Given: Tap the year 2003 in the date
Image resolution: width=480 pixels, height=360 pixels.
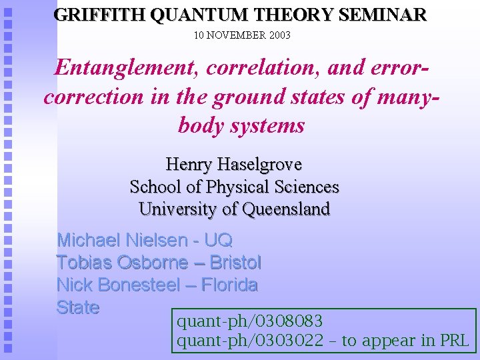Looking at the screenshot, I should tap(279, 35).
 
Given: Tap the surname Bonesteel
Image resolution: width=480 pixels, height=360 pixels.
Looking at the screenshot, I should tap(138, 285).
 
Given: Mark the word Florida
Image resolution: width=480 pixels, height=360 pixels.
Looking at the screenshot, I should tap(229, 285).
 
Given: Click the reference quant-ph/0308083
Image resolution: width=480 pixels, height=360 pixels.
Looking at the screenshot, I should tap(249, 322).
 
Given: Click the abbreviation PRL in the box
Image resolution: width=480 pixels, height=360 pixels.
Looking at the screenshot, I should tap(455, 341).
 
